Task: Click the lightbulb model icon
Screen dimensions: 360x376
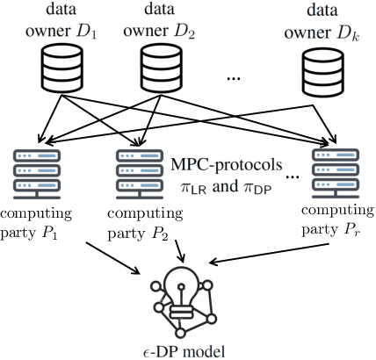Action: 187,294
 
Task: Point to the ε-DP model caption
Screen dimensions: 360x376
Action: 187,349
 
